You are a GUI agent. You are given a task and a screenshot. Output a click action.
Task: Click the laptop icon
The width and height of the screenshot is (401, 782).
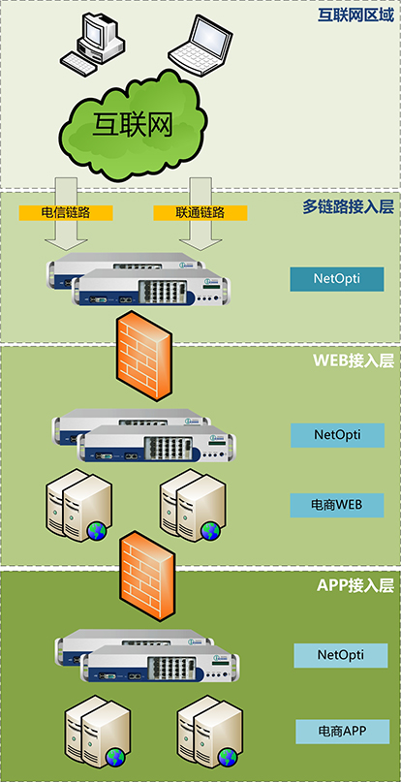coord(200,44)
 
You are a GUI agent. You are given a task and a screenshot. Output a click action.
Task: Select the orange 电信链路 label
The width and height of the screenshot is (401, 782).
coord(66,213)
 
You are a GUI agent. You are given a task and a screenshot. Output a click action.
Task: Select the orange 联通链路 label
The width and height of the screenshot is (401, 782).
coord(200,213)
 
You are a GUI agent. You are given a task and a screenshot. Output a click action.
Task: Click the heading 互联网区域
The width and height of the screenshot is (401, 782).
coord(356,15)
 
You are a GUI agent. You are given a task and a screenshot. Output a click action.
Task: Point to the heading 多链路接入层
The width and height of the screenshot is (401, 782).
coord(348,206)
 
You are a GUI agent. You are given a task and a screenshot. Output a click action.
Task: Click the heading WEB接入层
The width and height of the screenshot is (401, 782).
coord(354,360)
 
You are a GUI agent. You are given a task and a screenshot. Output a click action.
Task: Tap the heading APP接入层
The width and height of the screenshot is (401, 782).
coord(355,585)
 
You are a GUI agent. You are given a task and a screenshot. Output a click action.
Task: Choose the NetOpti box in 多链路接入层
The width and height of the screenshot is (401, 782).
coord(337,279)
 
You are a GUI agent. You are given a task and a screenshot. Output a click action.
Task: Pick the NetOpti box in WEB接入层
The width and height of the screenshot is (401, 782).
coord(338,435)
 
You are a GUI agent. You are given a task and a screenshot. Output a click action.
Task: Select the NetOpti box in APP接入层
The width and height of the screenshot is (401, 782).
coord(341,655)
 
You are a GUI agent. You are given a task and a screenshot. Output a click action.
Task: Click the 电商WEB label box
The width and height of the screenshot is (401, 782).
coord(337,505)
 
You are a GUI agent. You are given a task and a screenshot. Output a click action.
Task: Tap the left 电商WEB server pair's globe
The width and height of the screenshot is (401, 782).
coord(97,531)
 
